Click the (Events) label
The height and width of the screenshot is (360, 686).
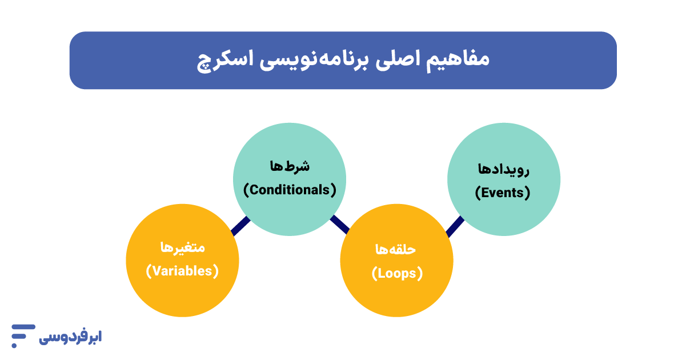(x=503, y=193)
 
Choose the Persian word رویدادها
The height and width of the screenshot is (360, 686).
(x=503, y=169)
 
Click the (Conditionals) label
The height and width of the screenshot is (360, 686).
(x=290, y=189)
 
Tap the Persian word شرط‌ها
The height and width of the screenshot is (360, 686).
(x=290, y=166)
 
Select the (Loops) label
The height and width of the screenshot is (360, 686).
(x=397, y=274)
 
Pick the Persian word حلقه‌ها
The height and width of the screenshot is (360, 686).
(x=396, y=250)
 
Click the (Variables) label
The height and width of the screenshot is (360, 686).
(x=182, y=271)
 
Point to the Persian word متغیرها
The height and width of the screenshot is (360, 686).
(x=182, y=247)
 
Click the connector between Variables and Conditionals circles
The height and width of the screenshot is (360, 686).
(x=240, y=226)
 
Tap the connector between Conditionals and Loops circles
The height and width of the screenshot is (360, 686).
(x=340, y=224)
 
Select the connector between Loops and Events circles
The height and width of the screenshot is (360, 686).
(x=455, y=226)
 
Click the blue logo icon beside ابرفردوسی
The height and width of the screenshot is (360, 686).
(x=22, y=335)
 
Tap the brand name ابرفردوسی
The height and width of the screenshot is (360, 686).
(x=70, y=337)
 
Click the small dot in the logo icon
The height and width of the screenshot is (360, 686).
(x=14, y=345)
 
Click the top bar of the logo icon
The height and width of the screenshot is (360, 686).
(x=23, y=327)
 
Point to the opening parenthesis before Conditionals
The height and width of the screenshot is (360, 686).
(x=247, y=189)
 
